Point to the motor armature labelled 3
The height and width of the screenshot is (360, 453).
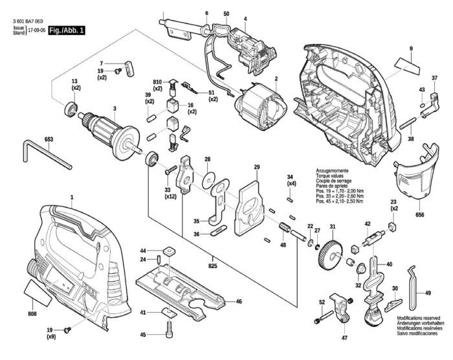[110, 133]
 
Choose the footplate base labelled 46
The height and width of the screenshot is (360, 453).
[184, 291]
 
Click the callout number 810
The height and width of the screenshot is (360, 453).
[157, 82]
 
